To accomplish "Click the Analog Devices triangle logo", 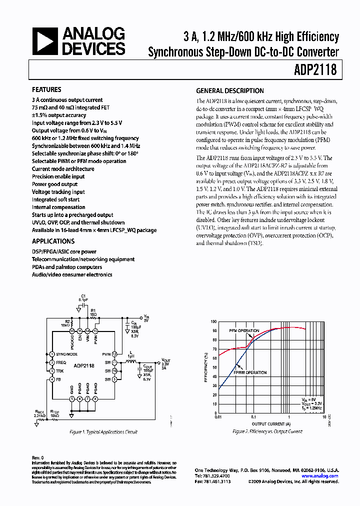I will coord(45,40).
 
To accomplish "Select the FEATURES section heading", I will coord(46,90).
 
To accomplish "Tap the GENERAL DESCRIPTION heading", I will coord(229,91).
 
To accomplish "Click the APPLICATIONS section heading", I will coord(50,241).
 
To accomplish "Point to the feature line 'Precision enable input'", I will coord(58,176).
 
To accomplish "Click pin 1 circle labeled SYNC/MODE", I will coord(51,354).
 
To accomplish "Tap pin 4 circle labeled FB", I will coord(51,379).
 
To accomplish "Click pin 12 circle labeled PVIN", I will coord(114,354).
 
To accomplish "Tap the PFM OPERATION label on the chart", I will coord(244,331).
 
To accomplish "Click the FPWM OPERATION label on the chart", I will coord(250,372).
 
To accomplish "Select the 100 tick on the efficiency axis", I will coord(213,322).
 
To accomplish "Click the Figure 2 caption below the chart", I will coord(267,431).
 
